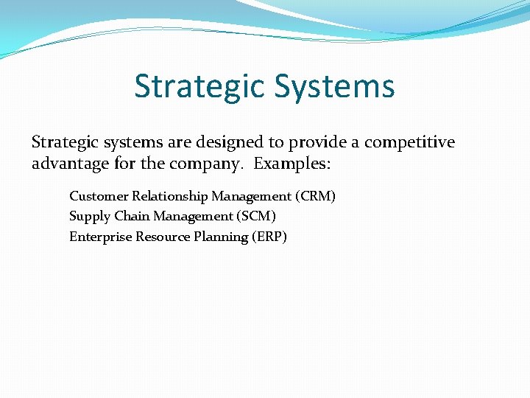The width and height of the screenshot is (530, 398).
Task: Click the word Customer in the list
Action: point(99,196)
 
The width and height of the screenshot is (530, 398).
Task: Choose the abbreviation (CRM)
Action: point(315,196)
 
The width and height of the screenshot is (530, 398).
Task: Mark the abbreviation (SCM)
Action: point(255,217)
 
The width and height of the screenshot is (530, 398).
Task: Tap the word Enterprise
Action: point(100,237)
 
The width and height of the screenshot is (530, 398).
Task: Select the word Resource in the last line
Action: point(160,237)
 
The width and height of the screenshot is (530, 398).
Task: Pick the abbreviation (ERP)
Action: point(270,237)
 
